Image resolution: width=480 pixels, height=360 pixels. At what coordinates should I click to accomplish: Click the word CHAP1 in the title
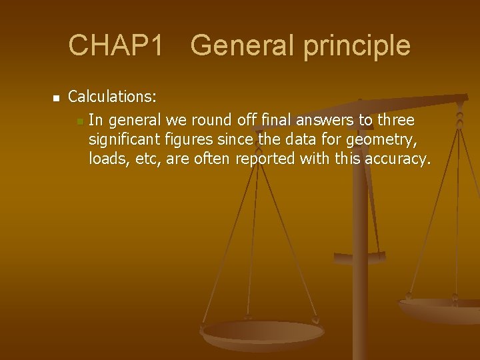pyautogui.click(x=116, y=45)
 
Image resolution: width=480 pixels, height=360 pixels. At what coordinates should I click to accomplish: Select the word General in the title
pyautogui.click(x=234, y=45)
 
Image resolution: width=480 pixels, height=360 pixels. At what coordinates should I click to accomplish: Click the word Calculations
pyautogui.click(x=113, y=97)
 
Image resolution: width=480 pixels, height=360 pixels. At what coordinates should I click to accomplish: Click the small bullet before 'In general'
pyautogui.click(x=79, y=121)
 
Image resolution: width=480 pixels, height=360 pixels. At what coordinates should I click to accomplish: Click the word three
pyautogui.click(x=395, y=121)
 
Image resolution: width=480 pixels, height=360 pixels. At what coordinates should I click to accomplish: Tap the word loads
pyautogui.click(x=105, y=160)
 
